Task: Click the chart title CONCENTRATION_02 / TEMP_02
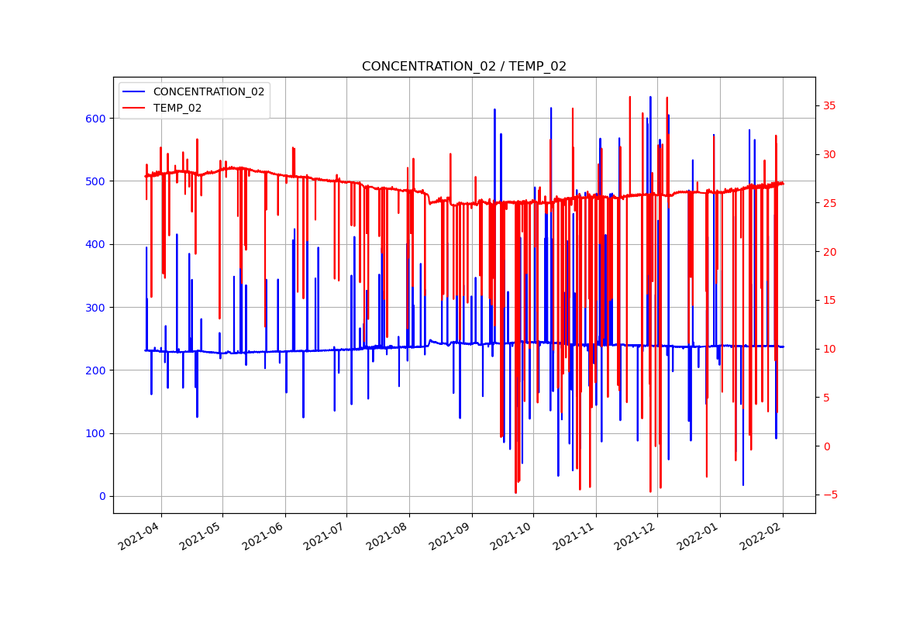[463, 67]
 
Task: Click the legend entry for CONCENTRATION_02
[208, 91]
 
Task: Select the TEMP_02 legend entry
[177, 109]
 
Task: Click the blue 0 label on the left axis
[103, 497]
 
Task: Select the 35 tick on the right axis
[827, 106]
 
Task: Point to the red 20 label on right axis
[827, 252]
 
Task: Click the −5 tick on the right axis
[827, 495]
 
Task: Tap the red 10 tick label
[827, 350]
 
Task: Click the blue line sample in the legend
[135, 91]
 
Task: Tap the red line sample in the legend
[135, 109]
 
